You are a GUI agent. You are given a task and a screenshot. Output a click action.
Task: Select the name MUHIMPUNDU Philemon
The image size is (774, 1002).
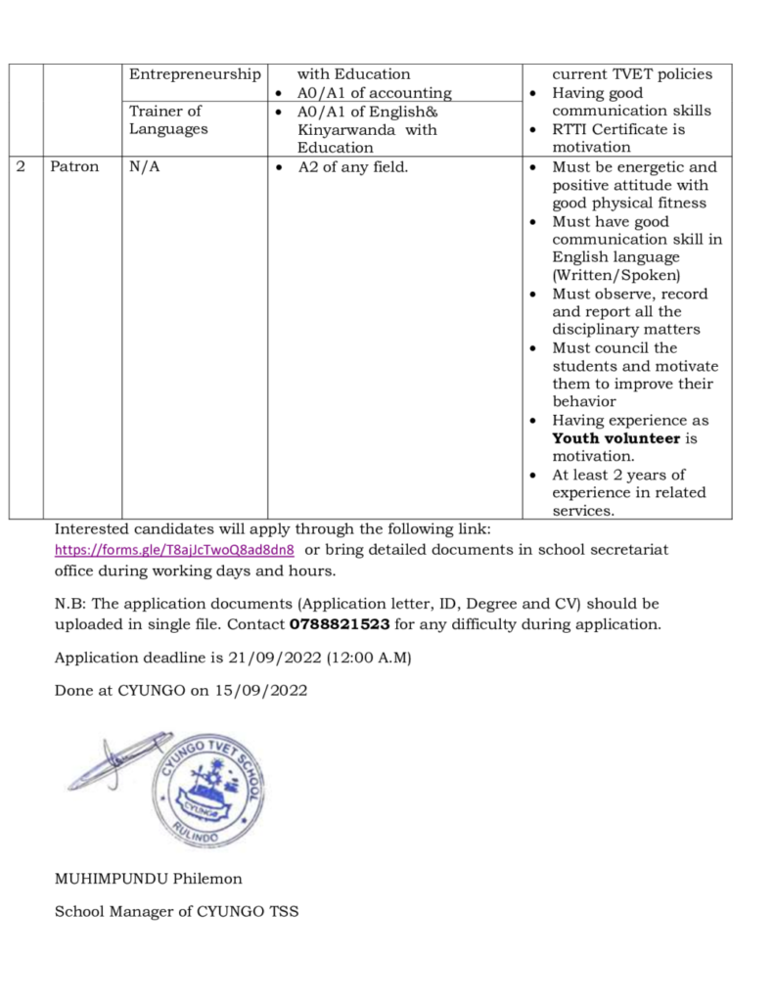tap(148, 878)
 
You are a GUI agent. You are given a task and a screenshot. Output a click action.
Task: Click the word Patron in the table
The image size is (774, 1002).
tap(74, 167)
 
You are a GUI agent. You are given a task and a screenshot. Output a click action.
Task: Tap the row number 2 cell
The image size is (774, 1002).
tap(22, 167)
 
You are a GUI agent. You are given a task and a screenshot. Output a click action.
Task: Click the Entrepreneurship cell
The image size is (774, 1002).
tap(196, 74)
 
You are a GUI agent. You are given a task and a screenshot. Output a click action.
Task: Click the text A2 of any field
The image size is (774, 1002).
tap(352, 167)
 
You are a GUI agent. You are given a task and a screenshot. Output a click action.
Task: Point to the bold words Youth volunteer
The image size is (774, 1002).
tap(615, 438)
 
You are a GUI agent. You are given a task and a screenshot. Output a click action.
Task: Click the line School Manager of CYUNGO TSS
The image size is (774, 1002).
tap(176, 912)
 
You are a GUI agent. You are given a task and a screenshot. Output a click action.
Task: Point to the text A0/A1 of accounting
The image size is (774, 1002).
tap(374, 93)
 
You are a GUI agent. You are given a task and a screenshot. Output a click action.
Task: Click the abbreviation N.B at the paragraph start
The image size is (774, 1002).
tap(68, 604)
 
